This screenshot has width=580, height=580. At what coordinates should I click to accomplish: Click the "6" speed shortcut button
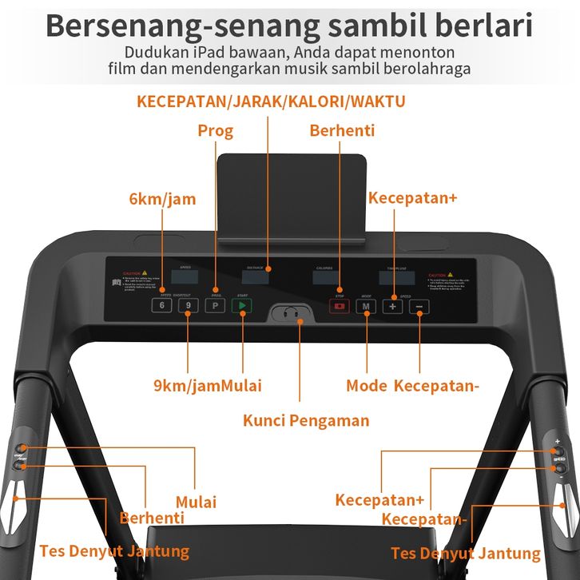[163, 306]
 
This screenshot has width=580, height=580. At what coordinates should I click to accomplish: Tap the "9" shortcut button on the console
[188, 306]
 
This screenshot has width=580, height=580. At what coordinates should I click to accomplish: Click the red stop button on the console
[340, 306]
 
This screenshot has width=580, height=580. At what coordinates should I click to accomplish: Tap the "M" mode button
[367, 306]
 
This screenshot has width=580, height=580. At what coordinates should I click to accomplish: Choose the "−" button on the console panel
[420, 306]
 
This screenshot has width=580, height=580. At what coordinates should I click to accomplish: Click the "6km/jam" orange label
[162, 199]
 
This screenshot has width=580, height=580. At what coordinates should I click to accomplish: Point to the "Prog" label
[215, 130]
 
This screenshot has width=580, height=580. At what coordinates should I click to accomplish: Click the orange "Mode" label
[367, 386]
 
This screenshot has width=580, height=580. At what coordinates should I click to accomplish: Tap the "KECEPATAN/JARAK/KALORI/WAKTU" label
[271, 101]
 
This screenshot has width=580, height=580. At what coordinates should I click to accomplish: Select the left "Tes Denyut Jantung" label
[114, 551]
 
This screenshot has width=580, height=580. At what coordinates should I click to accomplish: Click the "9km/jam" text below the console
[187, 386]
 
